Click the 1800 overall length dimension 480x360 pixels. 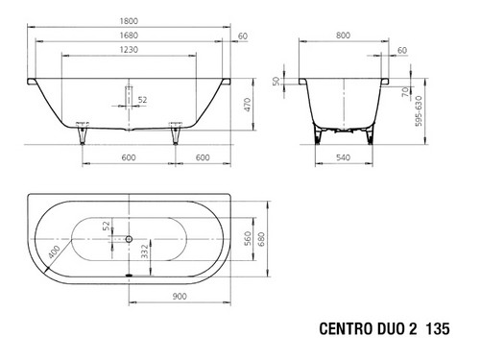(x=129, y=21)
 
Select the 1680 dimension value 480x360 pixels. (x=129, y=36)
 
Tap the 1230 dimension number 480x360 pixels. (x=129, y=50)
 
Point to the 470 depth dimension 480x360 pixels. (x=248, y=105)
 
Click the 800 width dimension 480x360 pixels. (x=343, y=36)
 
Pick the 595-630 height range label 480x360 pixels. (x=419, y=110)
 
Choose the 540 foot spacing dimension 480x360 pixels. (x=343, y=157)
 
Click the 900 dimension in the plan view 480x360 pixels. (x=180, y=297)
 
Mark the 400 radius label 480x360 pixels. (x=54, y=252)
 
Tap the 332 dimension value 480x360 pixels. (x=145, y=252)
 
